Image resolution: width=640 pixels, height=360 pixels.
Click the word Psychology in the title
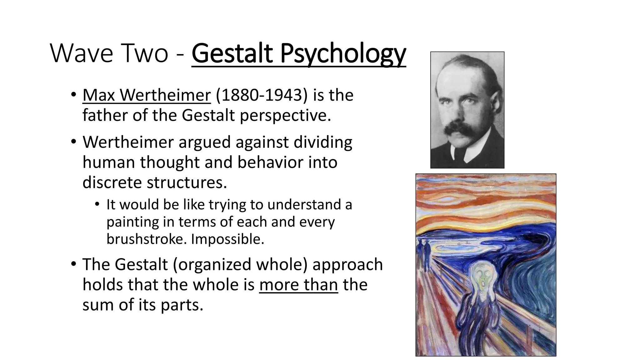343,54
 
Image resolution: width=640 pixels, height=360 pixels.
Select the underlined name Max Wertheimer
147,95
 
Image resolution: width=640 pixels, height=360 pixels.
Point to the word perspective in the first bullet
285,115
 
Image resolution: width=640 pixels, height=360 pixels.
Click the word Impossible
227,239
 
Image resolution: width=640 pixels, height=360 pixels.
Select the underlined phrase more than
298,285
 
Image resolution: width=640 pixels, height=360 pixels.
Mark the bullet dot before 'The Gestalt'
73,264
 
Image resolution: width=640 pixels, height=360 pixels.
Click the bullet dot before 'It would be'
97,205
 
